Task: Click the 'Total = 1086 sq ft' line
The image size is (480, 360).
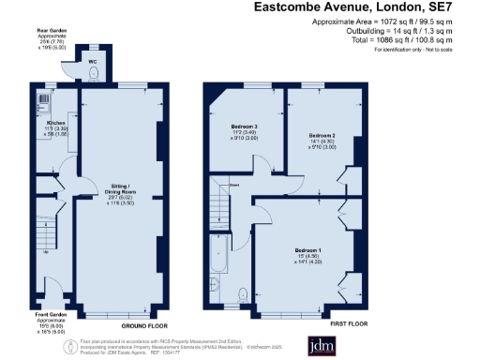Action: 397,39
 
